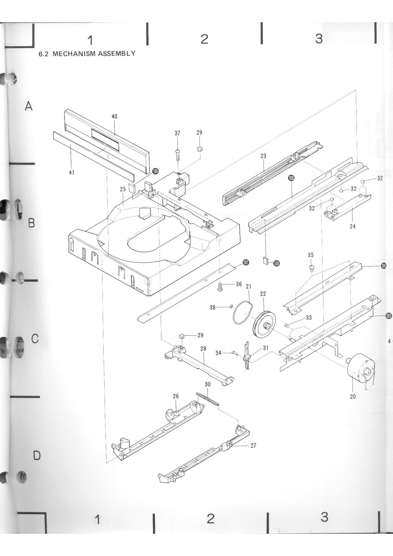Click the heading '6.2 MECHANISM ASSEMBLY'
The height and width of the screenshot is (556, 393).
(87, 54)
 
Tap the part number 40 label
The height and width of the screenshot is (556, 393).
(115, 117)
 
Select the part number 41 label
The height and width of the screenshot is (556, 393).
(72, 172)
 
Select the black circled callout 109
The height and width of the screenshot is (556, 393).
(155, 171)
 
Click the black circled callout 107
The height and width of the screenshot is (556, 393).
(246, 262)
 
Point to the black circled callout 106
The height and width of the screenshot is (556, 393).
(291, 178)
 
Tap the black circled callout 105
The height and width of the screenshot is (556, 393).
(389, 315)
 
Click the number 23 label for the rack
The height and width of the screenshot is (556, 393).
(263, 156)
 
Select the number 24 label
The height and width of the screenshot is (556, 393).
(352, 226)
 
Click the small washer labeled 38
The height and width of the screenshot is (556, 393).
(231, 306)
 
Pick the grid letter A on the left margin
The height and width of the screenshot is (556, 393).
(29, 106)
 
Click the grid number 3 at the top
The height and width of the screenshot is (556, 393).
(319, 39)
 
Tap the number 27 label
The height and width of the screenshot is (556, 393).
(253, 445)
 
